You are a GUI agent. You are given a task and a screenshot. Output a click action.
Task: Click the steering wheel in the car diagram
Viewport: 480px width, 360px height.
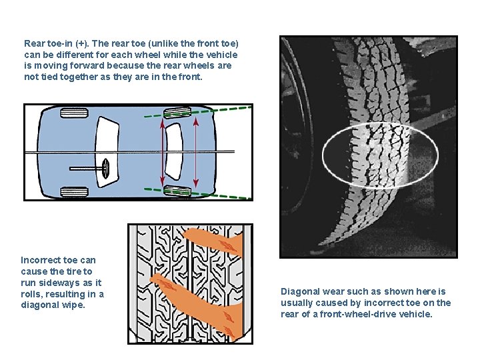pyautogui.click(x=105, y=169)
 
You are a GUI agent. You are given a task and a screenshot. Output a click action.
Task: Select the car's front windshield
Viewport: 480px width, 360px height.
pyautogui.click(x=107, y=152)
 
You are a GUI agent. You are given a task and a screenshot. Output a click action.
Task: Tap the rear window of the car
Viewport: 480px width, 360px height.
pyautogui.click(x=173, y=151)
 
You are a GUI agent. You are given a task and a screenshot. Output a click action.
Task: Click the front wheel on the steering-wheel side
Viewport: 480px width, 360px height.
pyautogui.click(x=75, y=192)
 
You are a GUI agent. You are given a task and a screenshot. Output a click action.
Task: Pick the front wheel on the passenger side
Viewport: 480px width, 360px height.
pyautogui.click(x=75, y=113)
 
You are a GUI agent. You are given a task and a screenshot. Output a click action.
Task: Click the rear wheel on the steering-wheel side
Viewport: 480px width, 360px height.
pyautogui.click(x=177, y=191)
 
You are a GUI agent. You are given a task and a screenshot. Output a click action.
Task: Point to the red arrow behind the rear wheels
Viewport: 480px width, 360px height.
pyautogui.click(x=196, y=152)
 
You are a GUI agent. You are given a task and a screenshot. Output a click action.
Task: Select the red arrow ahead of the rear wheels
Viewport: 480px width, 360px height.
pyautogui.click(x=162, y=152)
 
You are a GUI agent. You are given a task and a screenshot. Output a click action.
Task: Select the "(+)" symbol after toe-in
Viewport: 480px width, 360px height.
pyautogui.click(x=81, y=44)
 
